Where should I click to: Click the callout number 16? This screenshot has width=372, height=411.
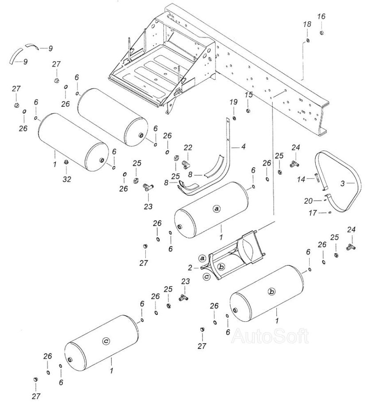321,17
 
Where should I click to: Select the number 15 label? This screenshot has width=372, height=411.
248,95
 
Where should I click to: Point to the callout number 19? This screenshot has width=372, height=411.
233,102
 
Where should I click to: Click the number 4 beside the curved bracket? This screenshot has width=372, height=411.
243,146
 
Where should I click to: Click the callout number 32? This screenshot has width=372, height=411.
66,179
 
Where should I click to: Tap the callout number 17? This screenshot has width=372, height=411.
313,213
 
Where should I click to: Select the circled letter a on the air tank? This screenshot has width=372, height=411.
217,208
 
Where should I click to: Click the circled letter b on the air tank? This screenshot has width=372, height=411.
271,291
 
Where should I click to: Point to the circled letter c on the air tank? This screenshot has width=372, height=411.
105,341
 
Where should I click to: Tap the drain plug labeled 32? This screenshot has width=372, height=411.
66,162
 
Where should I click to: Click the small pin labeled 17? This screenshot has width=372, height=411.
330,213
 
